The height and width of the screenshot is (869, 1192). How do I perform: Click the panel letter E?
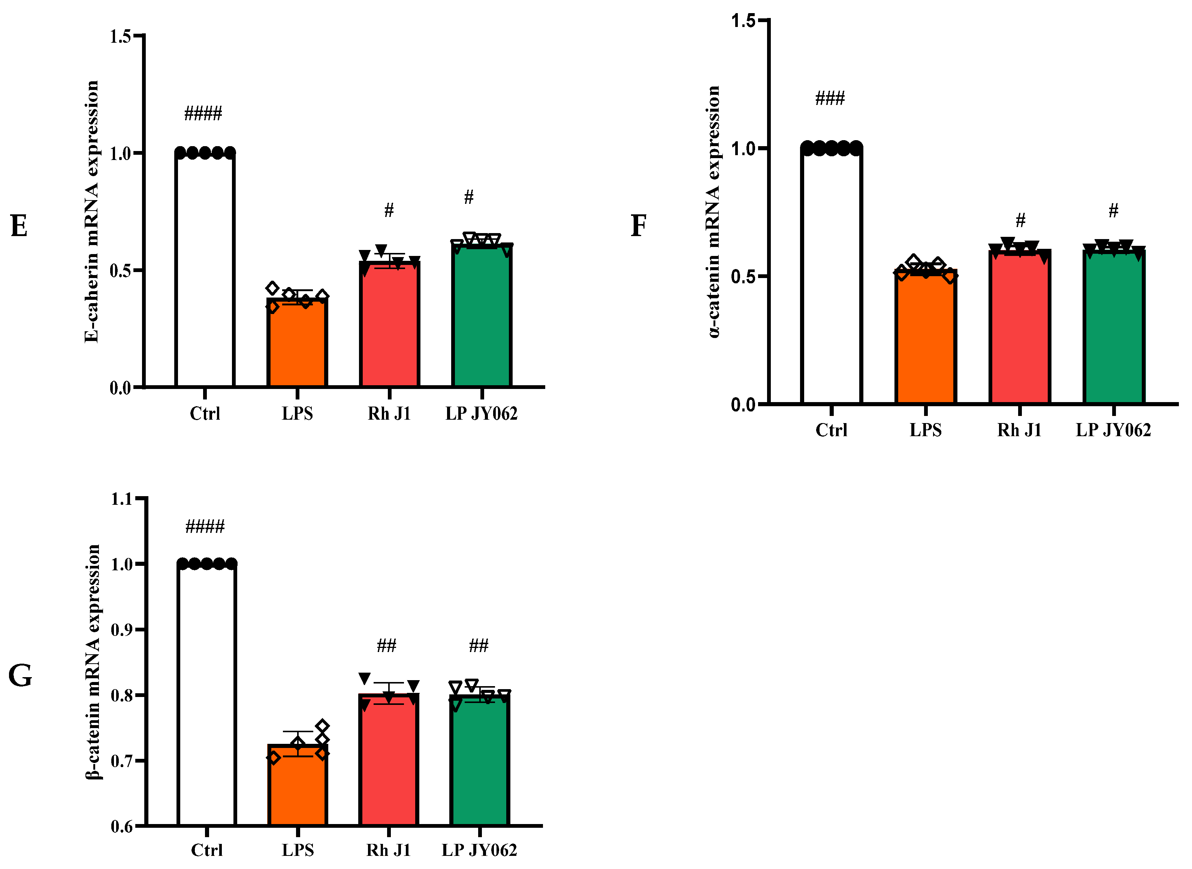tap(19, 227)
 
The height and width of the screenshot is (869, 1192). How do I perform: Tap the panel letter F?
tap(638, 226)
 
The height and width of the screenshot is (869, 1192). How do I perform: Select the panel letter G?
tap(20, 676)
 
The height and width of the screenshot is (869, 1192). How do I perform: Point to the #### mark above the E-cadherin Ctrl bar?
tap(203, 113)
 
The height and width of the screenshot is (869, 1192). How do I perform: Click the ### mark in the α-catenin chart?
tap(830, 99)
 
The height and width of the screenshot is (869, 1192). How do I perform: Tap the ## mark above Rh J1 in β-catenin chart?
tap(387, 645)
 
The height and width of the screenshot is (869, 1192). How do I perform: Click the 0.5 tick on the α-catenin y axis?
tap(743, 277)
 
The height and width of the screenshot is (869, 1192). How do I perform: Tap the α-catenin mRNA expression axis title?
tap(713, 211)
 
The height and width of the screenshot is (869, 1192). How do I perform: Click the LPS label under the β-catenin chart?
tap(298, 850)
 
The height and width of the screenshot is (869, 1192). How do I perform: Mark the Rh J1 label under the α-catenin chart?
tap(1020, 430)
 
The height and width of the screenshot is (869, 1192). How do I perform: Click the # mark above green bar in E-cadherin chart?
tap(469, 197)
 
